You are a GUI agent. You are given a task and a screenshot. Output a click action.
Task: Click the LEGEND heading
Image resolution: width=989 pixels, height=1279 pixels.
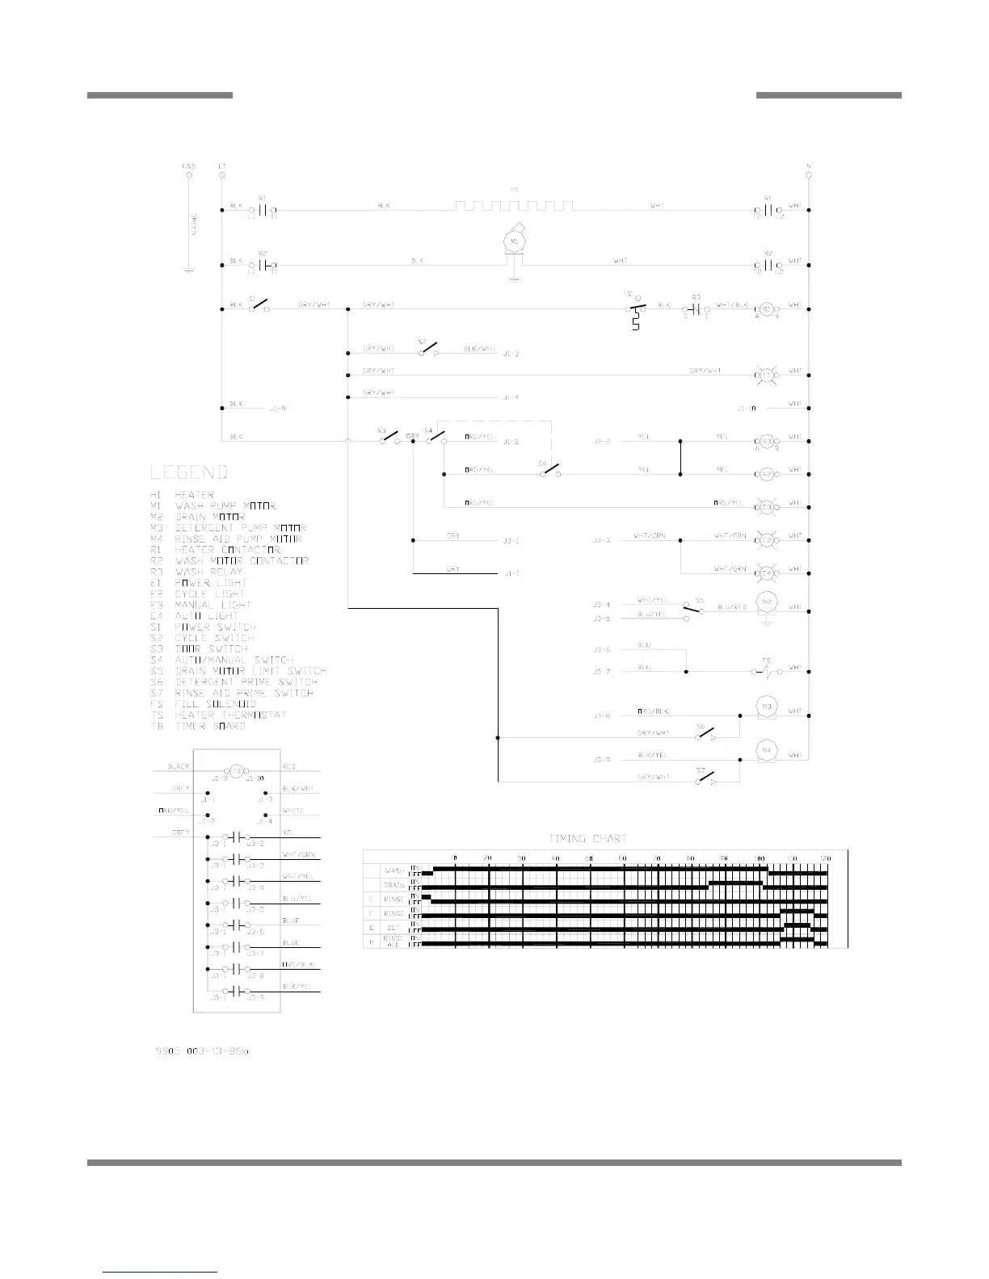click(189, 472)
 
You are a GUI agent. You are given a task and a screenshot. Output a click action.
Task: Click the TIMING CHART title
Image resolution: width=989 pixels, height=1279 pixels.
click(587, 838)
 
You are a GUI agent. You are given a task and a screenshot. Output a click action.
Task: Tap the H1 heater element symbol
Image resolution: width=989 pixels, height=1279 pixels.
click(515, 205)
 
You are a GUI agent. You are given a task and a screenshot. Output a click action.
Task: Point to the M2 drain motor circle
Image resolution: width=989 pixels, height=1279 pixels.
click(764, 602)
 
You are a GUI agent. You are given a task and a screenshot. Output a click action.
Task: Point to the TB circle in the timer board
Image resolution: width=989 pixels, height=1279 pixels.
click(237, 771)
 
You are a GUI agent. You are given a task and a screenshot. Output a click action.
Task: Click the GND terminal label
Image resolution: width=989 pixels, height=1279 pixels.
click(189, 166)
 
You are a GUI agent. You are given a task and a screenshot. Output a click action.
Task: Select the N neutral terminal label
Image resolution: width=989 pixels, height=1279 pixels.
click(809, 166)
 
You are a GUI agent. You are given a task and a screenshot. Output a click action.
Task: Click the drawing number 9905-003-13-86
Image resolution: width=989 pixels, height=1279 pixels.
click(202, 1052)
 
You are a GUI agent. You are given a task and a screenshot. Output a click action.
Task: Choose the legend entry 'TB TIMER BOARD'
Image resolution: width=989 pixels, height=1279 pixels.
click(198, 726)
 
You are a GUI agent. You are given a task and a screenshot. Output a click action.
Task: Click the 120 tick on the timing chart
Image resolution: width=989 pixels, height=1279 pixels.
click(825, 857)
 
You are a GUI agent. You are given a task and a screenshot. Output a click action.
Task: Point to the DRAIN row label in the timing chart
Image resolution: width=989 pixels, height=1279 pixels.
click(393, 886)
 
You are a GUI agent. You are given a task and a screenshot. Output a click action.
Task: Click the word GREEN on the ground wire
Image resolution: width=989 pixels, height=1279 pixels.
click(195, 220)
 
